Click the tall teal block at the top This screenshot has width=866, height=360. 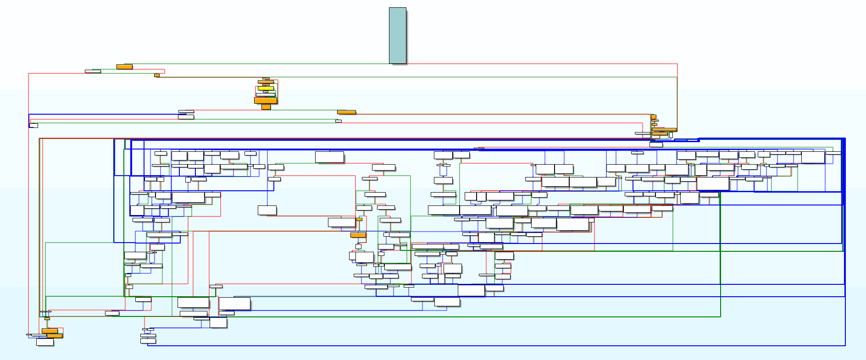(397, 35)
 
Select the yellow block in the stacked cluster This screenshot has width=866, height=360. (266, 88)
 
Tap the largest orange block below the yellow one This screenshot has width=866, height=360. (266, 100)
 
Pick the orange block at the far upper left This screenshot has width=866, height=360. (124, 66)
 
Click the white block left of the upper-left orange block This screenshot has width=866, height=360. (93, 71)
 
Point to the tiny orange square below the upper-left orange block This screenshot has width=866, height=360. (157, 75)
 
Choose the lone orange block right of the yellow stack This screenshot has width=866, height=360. (346, 112)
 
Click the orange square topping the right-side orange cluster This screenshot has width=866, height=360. (653, 117)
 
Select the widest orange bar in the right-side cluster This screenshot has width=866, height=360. (664, 130)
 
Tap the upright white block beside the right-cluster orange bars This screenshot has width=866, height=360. (671, 135)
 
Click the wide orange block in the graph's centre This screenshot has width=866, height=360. (358, 235)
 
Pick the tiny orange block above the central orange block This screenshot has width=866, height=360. (359, 219)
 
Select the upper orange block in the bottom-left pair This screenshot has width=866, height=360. (50, 331)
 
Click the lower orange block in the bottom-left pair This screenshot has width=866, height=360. (55, 336)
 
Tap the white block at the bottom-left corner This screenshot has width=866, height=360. (45, 342)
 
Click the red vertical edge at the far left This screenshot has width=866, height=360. (28, 206)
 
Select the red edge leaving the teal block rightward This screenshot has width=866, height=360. (541, 64)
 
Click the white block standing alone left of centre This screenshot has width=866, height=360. (267, 210)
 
